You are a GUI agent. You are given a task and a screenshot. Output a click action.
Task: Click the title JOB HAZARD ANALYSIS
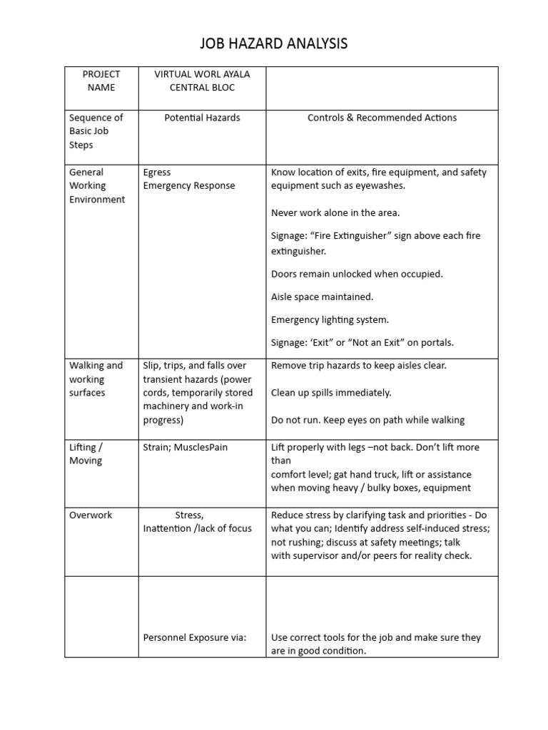[x=274, y=44]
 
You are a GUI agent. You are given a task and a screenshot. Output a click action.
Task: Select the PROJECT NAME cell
[x=101, y=81]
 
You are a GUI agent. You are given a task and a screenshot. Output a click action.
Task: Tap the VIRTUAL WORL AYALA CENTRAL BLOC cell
[x=202, y=81]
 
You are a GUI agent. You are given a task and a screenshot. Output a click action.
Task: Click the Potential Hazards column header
[x=202, y=118]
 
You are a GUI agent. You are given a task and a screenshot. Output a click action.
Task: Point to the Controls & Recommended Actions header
[x=382, y=118]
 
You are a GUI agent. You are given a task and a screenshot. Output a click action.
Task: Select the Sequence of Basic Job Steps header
[x=96, y=131]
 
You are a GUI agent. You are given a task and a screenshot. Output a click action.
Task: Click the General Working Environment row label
[x=96, y=185]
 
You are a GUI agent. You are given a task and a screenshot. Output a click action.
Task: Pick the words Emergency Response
[x=188, y=185]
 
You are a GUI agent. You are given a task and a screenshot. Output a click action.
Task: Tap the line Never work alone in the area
[x=335, y=212]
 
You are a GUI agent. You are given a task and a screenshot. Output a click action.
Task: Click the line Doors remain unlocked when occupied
[x=357, y=274]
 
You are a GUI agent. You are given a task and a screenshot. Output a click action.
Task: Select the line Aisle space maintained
[x=322, y=297]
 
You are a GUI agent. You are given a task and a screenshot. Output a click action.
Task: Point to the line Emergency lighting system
[x=330, y=319]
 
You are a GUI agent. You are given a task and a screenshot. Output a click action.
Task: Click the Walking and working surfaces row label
[x=96, y=379]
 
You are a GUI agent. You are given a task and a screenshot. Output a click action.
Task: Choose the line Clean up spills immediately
[x=331, y=393]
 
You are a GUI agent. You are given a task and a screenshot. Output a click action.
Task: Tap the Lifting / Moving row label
[x=86, y=453]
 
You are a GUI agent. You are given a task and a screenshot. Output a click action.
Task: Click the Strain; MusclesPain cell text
[x=185, y=447]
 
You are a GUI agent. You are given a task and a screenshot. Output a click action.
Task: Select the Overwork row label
[x=91, y=515]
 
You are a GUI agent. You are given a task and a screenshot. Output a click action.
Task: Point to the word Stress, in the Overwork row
[x=189, y=515]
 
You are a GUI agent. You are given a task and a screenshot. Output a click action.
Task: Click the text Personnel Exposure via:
[x=194, y=637]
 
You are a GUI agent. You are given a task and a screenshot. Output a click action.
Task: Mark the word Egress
[x=157, y=172]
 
